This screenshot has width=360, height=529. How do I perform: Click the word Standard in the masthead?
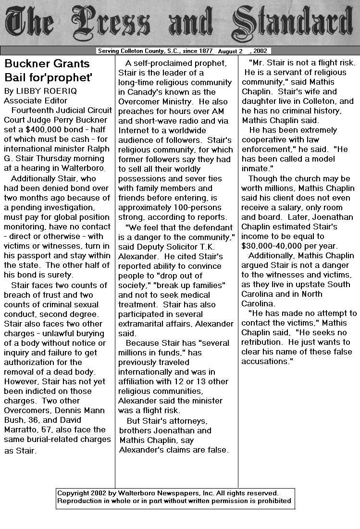(295, 23)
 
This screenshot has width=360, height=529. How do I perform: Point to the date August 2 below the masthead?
(230, 51)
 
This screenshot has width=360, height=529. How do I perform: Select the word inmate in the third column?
(255, 168)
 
